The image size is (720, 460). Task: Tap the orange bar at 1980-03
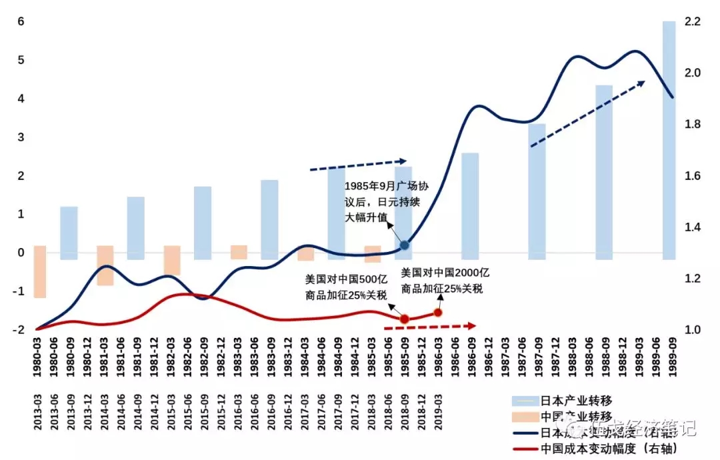[40, 271]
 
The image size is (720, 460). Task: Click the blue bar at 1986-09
[470, 206]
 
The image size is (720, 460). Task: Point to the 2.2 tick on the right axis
[691, 21]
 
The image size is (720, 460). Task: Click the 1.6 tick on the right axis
[691, 175]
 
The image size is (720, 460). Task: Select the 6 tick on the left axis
[21, 21]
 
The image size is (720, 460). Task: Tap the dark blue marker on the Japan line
[405, 245]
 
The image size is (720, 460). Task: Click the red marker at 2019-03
[438, 312]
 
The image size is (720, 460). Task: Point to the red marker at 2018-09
[404, 319]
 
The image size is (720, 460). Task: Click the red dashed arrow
[430, 327]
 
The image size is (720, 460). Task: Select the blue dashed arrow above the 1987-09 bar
[587, 113]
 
